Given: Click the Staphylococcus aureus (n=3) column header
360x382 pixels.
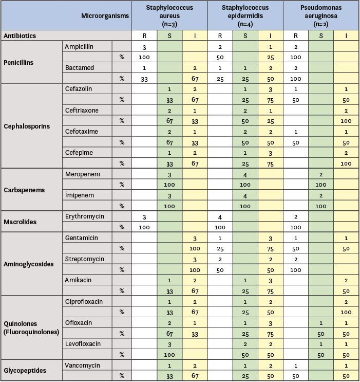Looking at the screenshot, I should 169,15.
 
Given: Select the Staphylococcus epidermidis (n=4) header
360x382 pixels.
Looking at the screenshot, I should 245,15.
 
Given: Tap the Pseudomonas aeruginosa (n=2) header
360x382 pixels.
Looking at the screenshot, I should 320,15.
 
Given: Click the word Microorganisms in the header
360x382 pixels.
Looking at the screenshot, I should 105,16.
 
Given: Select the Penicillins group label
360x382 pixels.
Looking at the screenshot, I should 18,62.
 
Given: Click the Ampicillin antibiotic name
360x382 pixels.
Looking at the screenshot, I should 79,47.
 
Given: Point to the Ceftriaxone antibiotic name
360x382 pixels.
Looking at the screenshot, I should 82,111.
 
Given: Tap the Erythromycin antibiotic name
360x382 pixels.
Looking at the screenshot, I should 84,216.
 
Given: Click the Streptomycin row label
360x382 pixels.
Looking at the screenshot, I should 85,259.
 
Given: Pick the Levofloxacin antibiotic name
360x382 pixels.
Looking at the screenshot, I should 83,344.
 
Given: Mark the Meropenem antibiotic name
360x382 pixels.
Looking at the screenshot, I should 82,174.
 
